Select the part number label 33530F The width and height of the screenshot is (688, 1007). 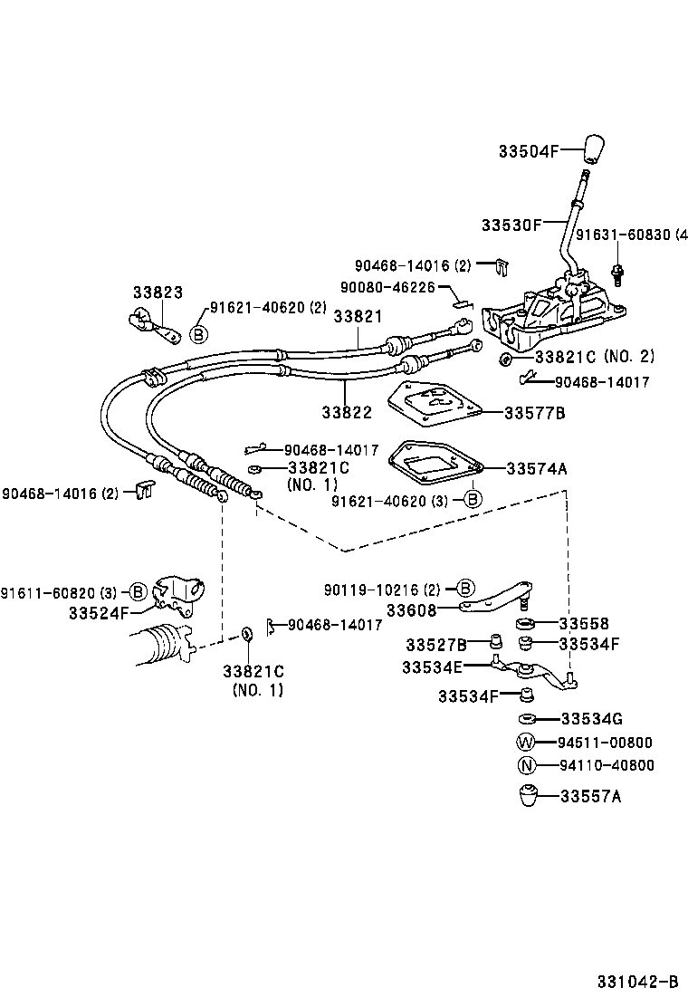coord(511,224)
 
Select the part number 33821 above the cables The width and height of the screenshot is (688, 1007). coord(358,316)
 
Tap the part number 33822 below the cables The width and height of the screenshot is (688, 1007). coord(347,412)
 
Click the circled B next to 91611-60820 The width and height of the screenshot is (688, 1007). coord(138,592)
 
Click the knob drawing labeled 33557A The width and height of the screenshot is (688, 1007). coord(528,796)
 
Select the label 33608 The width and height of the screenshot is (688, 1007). coord(412,610)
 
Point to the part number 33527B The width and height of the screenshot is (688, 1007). coord(436,645)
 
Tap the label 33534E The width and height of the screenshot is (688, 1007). coord(433,667)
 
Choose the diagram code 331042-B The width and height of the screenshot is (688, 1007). coord(636,983)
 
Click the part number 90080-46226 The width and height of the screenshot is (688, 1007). coord(387,287)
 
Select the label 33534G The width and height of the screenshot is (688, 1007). coord(591,719)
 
